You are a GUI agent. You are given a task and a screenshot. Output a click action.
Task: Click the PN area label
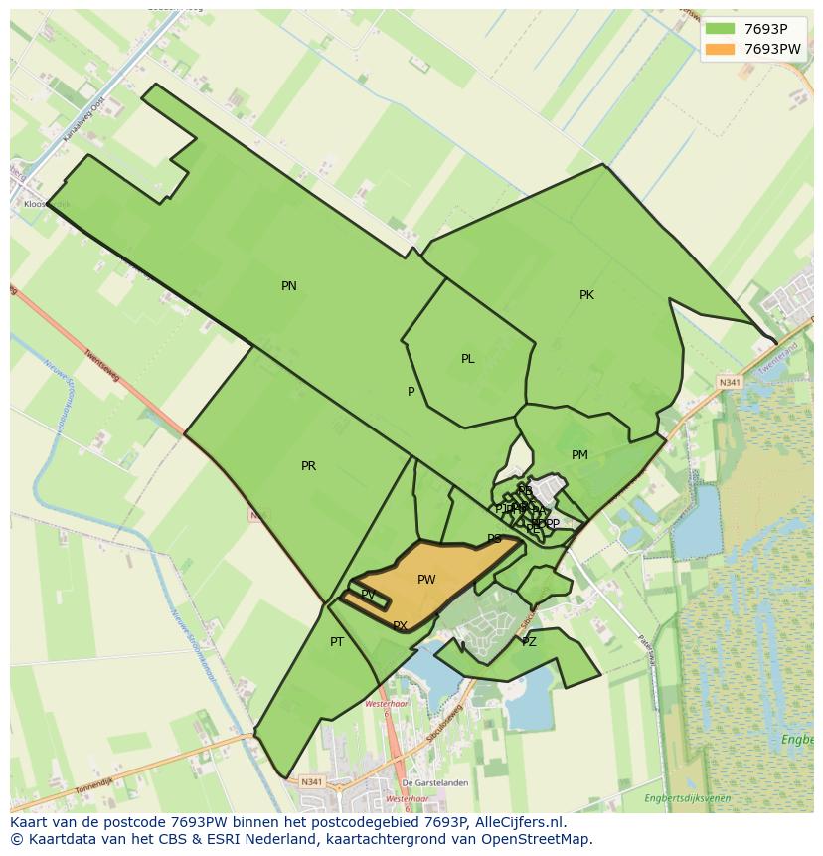click(x=289, y=286)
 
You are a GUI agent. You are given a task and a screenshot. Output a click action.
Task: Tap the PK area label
click(x=586, y=295)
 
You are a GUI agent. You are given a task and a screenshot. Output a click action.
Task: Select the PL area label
click(x=467, y=359)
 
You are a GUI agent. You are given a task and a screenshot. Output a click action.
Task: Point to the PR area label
click(x=308, y=466)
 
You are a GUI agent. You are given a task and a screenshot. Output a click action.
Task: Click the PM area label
click(x=579, y=455)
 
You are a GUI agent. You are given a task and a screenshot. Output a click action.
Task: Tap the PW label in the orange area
click(x=426, y=580)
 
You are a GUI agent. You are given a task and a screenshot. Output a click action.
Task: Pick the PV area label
click(x=368, y=595)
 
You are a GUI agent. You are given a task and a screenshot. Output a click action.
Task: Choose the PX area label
click(x=400, y=626)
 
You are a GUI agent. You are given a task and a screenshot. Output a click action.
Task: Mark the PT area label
click(x=337, y=642)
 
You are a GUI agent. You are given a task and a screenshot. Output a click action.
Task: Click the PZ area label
click(x=529, y=642)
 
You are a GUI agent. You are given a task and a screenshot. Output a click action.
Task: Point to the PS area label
click(x=494, y=539)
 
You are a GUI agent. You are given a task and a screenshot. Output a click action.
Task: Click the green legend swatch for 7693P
click(x=720, y=29)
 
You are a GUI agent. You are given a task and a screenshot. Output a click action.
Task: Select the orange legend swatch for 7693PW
click(x=720, y=49)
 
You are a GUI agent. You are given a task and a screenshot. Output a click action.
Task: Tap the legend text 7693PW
click(x=772, y=49)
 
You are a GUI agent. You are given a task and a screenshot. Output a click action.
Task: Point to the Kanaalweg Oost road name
click(x=83, y=120)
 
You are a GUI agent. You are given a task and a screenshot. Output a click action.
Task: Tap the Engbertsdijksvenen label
click(x=687, y=798)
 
